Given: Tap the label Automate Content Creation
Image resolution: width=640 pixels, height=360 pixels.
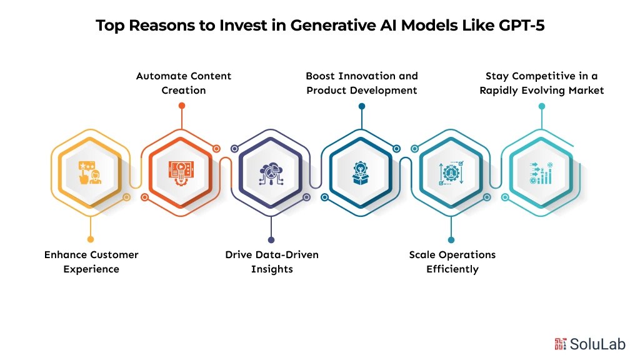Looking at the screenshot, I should [x=184, y=83].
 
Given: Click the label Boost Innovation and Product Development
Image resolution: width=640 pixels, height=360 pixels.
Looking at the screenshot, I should [x=361, y=83].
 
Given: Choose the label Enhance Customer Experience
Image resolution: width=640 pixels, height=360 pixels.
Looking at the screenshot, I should [x=91, y=262].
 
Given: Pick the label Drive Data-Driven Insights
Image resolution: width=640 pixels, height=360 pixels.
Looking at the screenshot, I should [x=271, y=262].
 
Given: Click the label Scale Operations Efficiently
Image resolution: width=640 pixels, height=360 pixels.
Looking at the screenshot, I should [x=452, y=262].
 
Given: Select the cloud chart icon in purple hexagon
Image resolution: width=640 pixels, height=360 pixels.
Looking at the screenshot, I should [x=271, y=172].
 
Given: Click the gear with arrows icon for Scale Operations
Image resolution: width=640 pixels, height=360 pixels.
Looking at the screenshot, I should [x=451, y=172].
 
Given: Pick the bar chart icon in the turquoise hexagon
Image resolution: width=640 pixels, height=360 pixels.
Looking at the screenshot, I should [x=541, y=172].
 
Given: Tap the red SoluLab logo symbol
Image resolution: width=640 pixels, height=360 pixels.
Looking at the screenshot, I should [x=560, y=343].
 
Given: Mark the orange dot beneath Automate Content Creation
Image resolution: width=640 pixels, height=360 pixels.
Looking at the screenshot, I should [x=182, y=106].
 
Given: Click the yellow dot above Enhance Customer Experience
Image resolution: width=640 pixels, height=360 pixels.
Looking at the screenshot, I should [x=91, y=239].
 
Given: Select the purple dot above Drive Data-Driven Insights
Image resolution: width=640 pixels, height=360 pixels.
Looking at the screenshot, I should [x=271, y=239].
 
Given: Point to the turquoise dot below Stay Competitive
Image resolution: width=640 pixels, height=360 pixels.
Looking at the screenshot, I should [x=542, y=106].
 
